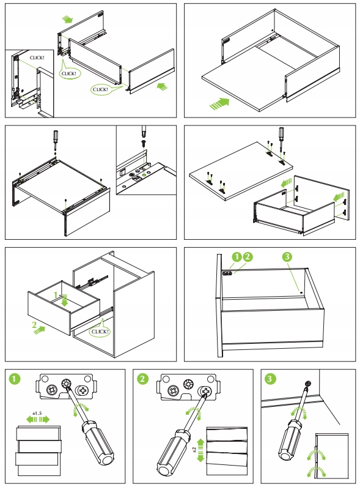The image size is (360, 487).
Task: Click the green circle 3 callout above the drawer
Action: point(287,256)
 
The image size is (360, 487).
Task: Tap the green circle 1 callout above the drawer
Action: point(237,256)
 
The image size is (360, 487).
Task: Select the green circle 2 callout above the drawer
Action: point(248,256)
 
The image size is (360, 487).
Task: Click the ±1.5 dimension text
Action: point(37,414)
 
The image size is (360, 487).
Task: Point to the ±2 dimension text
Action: point(194,450)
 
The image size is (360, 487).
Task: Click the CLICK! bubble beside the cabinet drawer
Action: point(100,331)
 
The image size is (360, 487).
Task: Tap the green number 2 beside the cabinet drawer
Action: point(34,325)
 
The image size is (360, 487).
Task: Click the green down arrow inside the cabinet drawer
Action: point(65,300)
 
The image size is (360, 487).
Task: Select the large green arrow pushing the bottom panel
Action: point(219,103)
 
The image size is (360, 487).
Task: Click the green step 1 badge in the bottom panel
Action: point(15,379)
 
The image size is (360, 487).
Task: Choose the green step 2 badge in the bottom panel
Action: point(142,379)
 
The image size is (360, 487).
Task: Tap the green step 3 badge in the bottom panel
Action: point(270,379)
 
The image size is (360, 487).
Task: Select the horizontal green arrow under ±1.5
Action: point(37,420)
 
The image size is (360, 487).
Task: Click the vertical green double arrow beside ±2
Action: point(200,450)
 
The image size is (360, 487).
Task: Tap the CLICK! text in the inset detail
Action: point(37,58)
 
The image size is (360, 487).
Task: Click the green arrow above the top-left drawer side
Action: point(67,20)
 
